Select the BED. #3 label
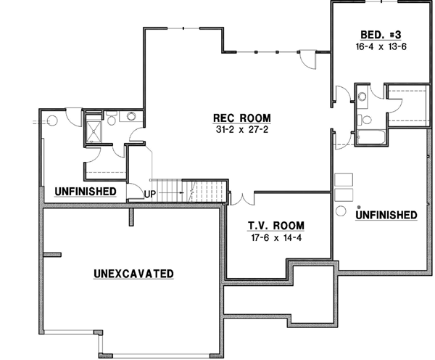point(378,34)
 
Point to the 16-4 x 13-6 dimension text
point(378,46)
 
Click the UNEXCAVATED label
point(133,274)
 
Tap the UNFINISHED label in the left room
point(86,191)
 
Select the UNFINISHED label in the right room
point(386,215)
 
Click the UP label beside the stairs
point(149,195)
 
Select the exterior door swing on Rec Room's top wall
point(308,60)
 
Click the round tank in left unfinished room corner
point(51,121)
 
